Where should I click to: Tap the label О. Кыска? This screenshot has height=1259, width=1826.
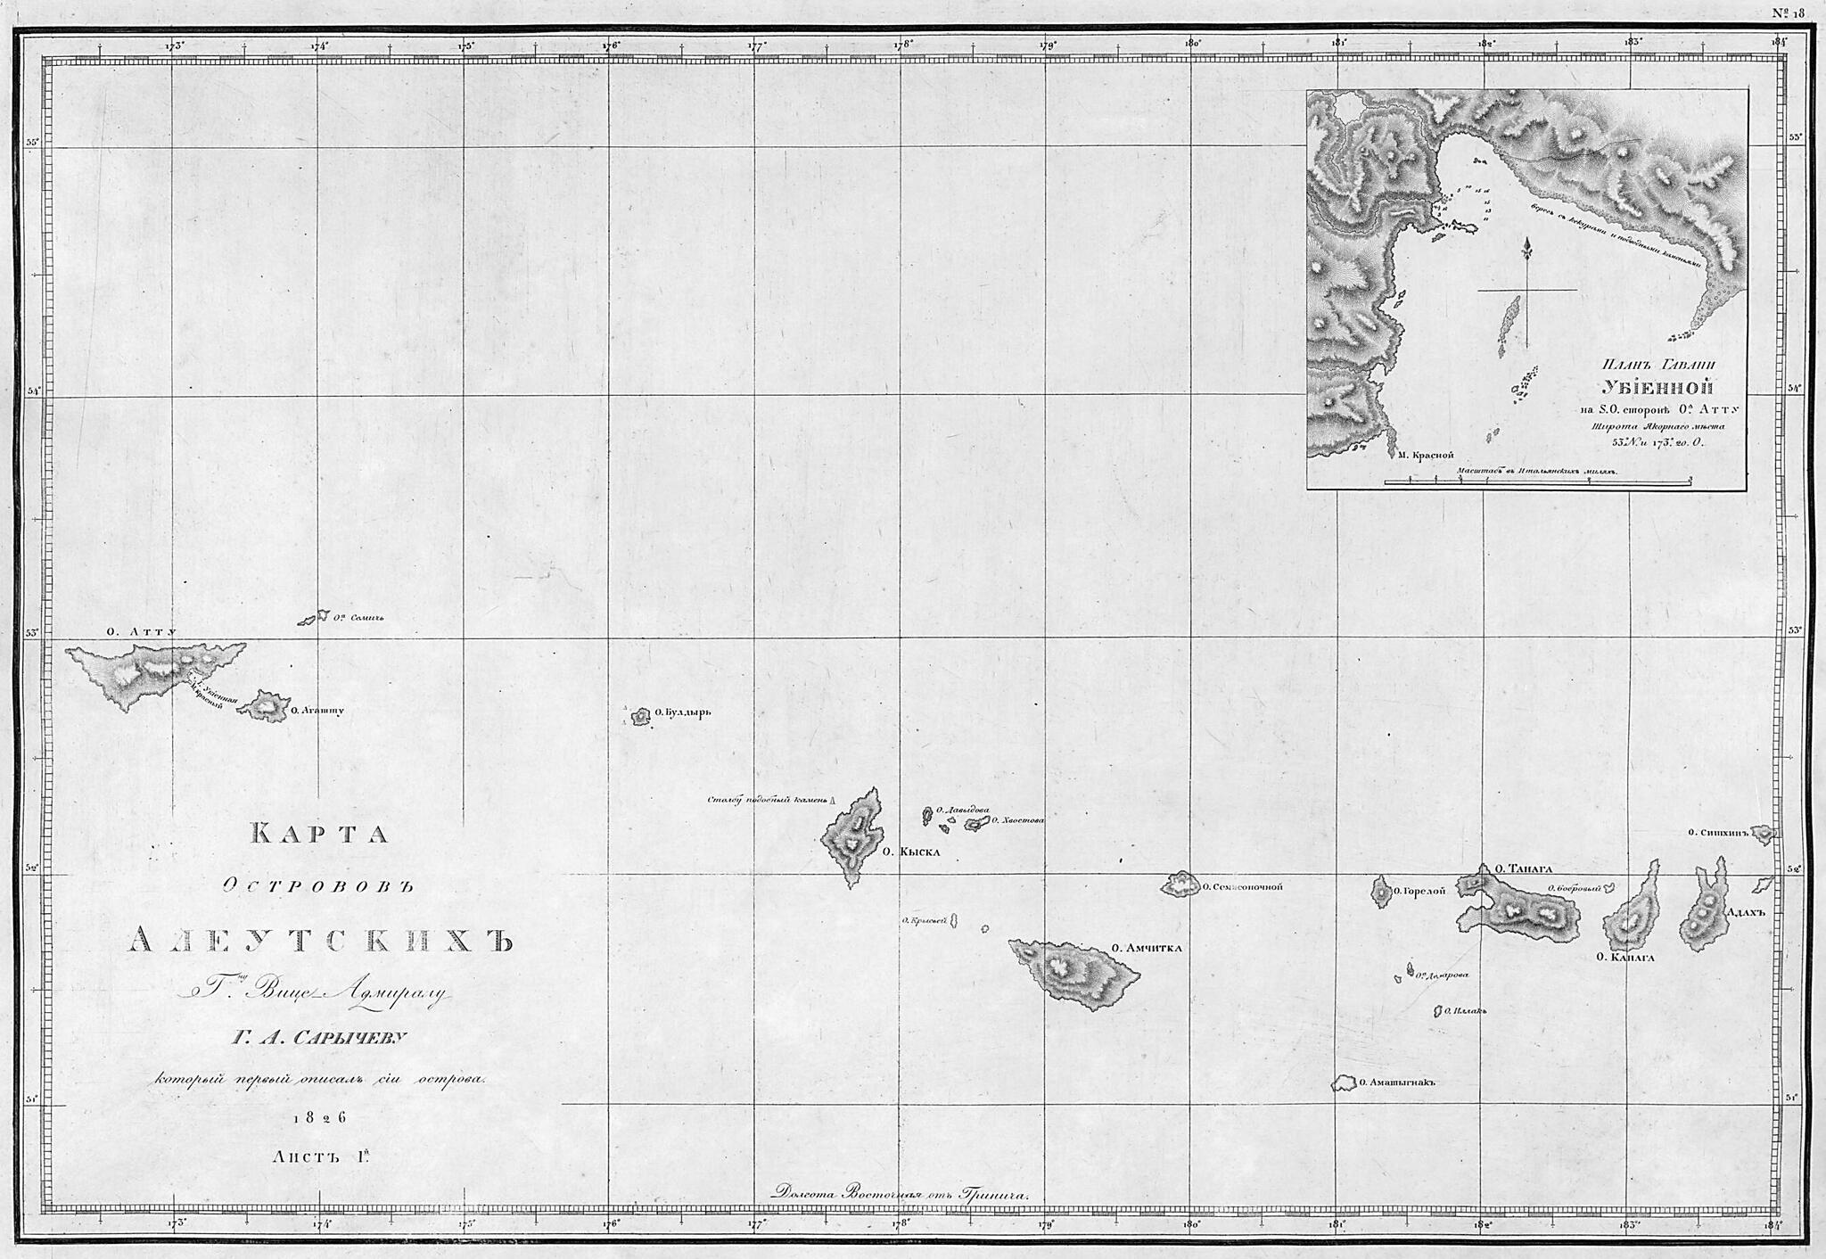pos(910,852)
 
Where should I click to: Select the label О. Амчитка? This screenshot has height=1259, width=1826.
pos(1147,948)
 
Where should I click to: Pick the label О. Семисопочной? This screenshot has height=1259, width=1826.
pos(1241,887)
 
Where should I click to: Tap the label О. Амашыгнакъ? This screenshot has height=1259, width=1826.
pos(1400,1084)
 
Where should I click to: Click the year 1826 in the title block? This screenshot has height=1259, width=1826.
pos(319,1118)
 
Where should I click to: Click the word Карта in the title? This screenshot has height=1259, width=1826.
pos(319,834)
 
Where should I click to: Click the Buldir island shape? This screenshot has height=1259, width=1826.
pos(639,716)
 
